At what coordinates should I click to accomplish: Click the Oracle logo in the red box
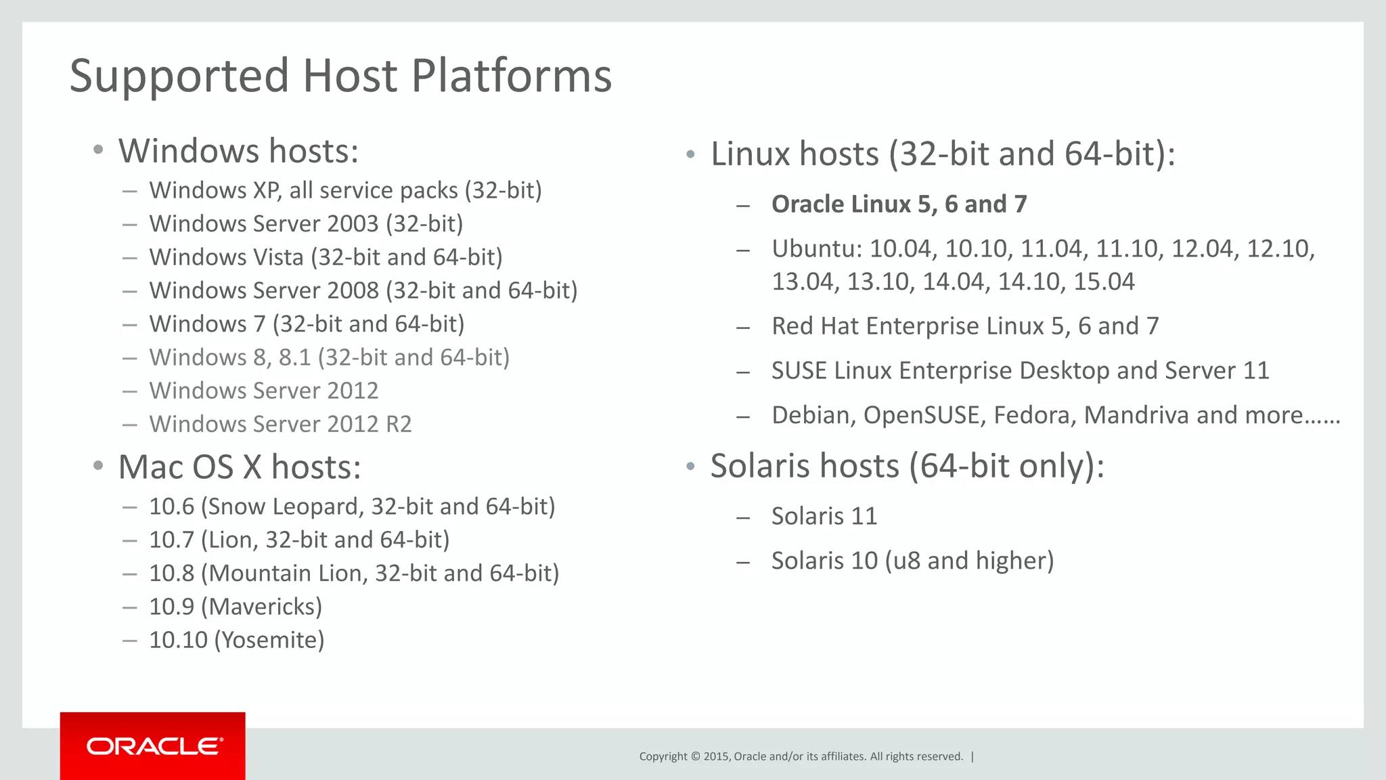point(154,746)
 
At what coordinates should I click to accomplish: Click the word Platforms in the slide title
point(511,75)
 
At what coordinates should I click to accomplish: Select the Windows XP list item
point(345,190)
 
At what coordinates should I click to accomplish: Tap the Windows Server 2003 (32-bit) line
point(306,223)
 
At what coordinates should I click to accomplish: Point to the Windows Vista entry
point(326,257)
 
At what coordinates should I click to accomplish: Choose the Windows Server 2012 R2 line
point(280,424)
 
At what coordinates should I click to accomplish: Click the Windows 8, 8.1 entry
point(329,357)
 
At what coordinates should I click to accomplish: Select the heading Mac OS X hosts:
point(240,467)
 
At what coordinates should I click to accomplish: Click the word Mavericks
point(265,607)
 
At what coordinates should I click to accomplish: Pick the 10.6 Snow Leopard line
point(352,506)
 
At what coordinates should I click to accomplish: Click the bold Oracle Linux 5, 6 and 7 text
point(899,204)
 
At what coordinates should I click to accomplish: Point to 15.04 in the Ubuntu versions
point(1104,282)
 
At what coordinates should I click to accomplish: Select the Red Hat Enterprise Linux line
point(965,326)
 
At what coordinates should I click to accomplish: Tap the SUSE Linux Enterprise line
point(1020,371)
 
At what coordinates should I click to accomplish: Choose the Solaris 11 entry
point(824,517)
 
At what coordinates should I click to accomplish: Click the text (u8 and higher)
point(969,561)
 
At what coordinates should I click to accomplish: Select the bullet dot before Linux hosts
point(690,155)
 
